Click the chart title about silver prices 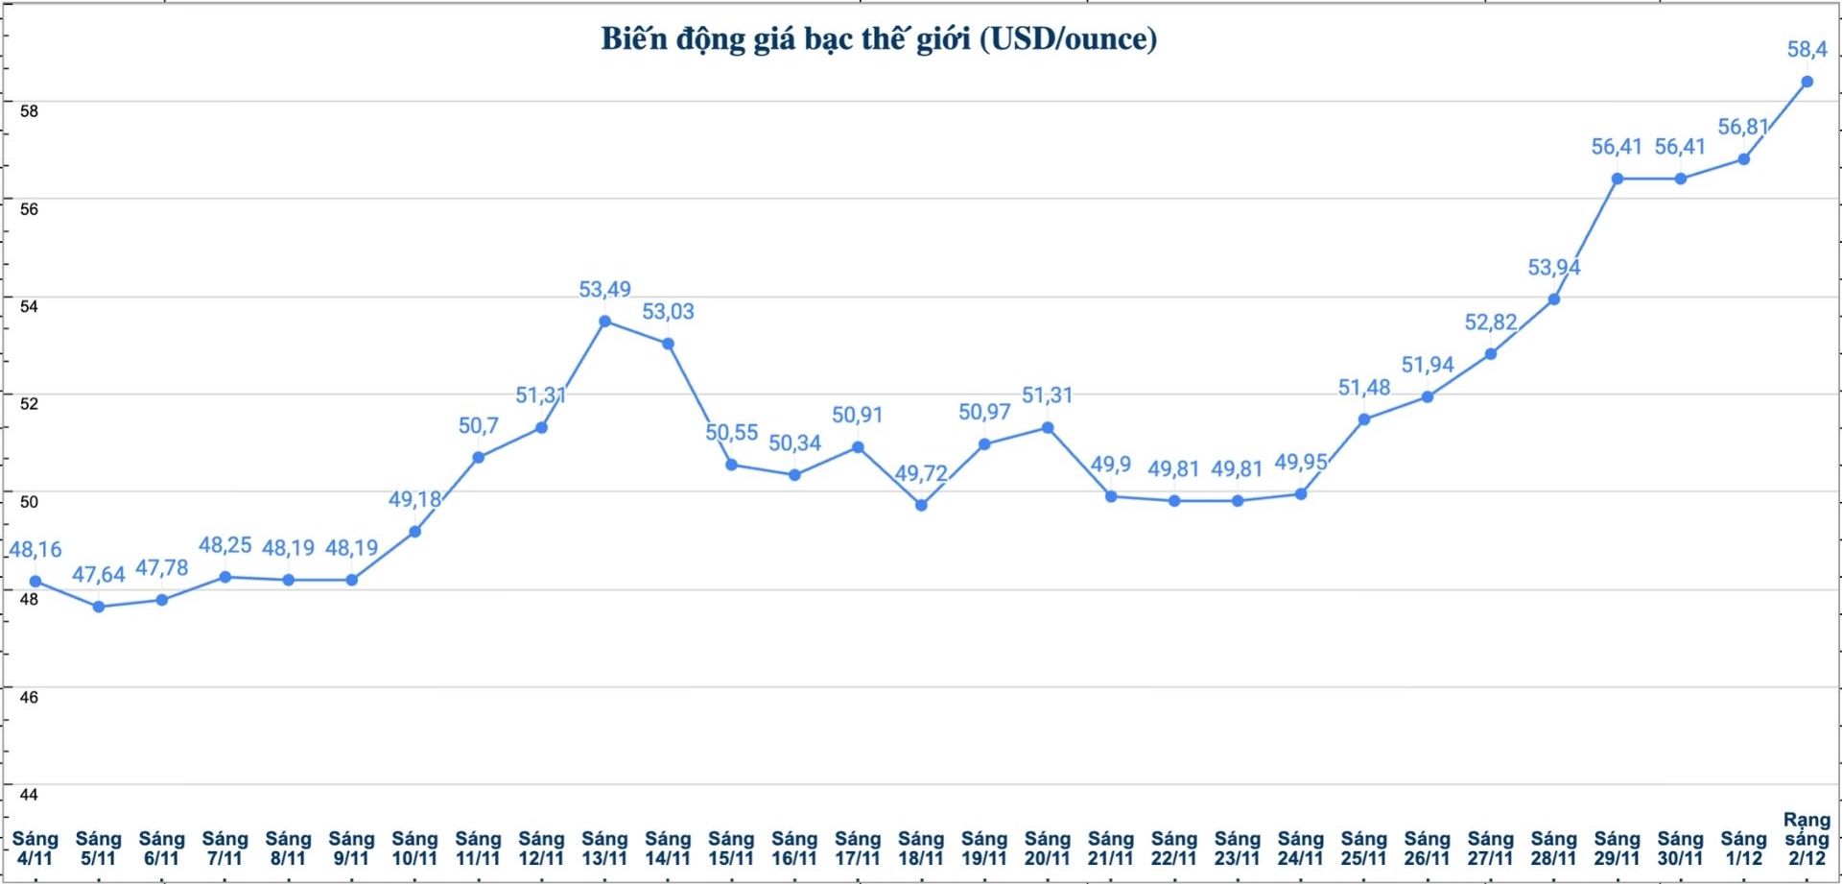(x=878, y=39)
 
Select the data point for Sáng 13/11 (x=604, y=322)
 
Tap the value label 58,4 (x=1807, y=49)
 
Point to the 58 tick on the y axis (x=29, y=111)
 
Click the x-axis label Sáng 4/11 (x=35, y=848)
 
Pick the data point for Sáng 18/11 (x=921, y=505)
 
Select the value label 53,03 (x=668, y=312)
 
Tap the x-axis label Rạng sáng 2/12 (x=1807, y=839)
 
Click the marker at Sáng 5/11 (x=99, y=607)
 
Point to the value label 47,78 (x=161, y=568)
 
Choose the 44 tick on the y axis (x=29, y=795)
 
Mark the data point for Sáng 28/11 (x=1554, y=299)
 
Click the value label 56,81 (x=1743, y=128)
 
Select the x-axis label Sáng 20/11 (x=1048, y=848)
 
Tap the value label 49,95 (x=1300, y=463)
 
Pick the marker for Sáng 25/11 (x=1364, y=419)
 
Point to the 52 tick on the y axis (x=29, y=403)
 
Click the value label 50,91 (x=858, y=416)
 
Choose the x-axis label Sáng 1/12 (x=1743, y=848)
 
